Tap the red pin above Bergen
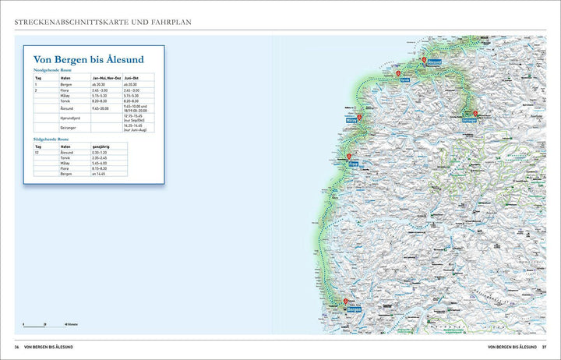[346, 302]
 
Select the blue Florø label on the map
[353, 164]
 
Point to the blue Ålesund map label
[434, 62]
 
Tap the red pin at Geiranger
[475, 114]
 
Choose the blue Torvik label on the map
[404, 79]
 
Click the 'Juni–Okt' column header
[131, 77]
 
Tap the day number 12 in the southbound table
[37, 151]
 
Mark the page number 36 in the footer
[16, 347]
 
